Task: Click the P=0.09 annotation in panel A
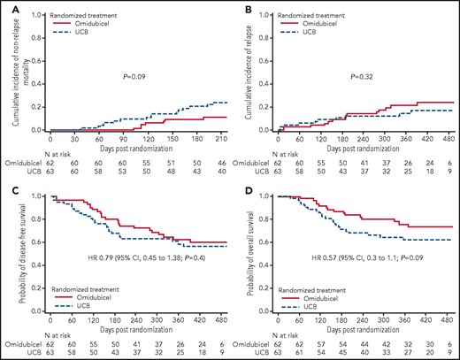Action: tap(128, 76)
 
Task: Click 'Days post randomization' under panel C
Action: tap(134, 328)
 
